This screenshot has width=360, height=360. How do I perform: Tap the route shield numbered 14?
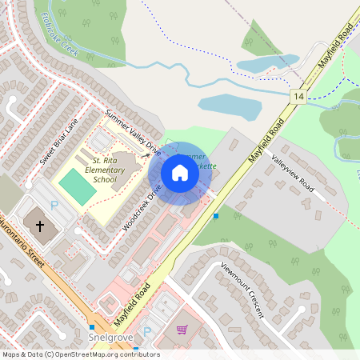pyautogui.click(x=298, y=96)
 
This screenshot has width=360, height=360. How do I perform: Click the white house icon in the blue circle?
pyautogui.click(x=179, y=173)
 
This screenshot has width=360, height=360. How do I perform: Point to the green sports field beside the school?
pyautogui.click(x=76, y=186)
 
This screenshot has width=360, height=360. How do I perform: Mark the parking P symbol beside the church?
pyautogui.click(x=54, y=206)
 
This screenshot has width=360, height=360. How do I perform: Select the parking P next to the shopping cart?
pyautogui.click(x=146, y=331)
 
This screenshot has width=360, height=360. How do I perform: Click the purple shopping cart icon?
pyautogui.click(x=182, y=329)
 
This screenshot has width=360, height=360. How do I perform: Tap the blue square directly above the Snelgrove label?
pyautogui.click(x=92, y=326)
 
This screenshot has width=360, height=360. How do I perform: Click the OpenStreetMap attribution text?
pyautogui.click(x=80, y=354)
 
